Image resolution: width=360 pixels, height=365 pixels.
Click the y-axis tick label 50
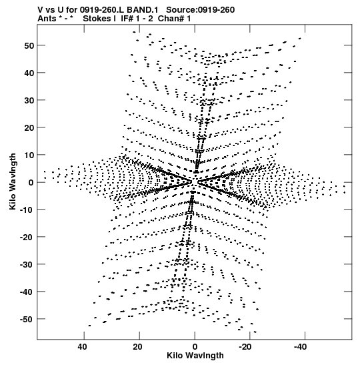coord(29,45)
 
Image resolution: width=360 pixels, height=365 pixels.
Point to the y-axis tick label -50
coord(27,319)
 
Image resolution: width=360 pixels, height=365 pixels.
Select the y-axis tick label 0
coord(31,183)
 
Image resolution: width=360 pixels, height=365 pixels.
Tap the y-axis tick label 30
coord(29,100)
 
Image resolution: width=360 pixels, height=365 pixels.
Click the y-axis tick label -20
coord(27,237)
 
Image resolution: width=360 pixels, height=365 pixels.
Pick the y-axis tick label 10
coord(29,155)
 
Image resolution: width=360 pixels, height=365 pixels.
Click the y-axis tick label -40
coord(27,292)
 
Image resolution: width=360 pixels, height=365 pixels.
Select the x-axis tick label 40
coord(83,347)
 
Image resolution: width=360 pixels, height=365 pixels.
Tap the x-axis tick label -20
coord(245,347)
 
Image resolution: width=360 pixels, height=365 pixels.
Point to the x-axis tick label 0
coord(195,347)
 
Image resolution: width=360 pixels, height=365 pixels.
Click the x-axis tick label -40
coord(300,347)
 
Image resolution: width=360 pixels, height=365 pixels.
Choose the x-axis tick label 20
coord(138,347)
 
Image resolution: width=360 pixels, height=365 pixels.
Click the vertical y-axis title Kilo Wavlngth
coord(13,181)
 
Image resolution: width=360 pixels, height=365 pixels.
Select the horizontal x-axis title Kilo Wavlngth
coord(195,356)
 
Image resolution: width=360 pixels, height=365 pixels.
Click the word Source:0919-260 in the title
coord(201,10)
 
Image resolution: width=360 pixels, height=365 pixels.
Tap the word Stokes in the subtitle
coord(97,19)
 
